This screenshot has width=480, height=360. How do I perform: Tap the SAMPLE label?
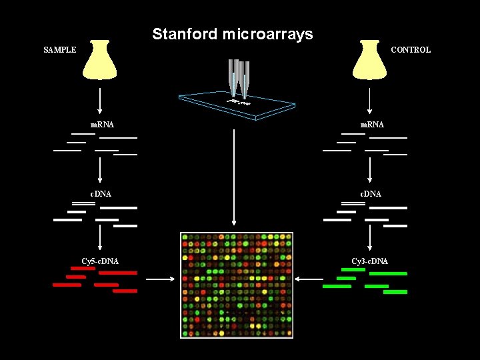(x=60, y=50)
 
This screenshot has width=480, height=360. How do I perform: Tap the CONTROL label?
(x=411, y=50)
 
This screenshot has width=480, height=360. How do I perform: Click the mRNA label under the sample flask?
(x=102, y=125)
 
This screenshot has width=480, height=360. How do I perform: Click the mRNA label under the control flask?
(x=372, y=125)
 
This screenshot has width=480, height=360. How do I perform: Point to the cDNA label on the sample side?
(x=101, y=194)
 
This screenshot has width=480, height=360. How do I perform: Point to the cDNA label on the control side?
(x=371, y=194)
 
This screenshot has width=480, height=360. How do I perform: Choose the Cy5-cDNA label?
(x=100, y=261)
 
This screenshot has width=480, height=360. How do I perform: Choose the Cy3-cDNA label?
(x=370, y=261)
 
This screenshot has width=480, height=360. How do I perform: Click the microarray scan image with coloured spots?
(x=237, y=285)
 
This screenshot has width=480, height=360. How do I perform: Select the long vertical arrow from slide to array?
(x=234, y=177)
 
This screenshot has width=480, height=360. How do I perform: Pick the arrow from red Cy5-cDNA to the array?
(x=160, y=279)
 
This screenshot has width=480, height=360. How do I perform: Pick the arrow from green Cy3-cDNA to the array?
(x=309, y=279)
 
